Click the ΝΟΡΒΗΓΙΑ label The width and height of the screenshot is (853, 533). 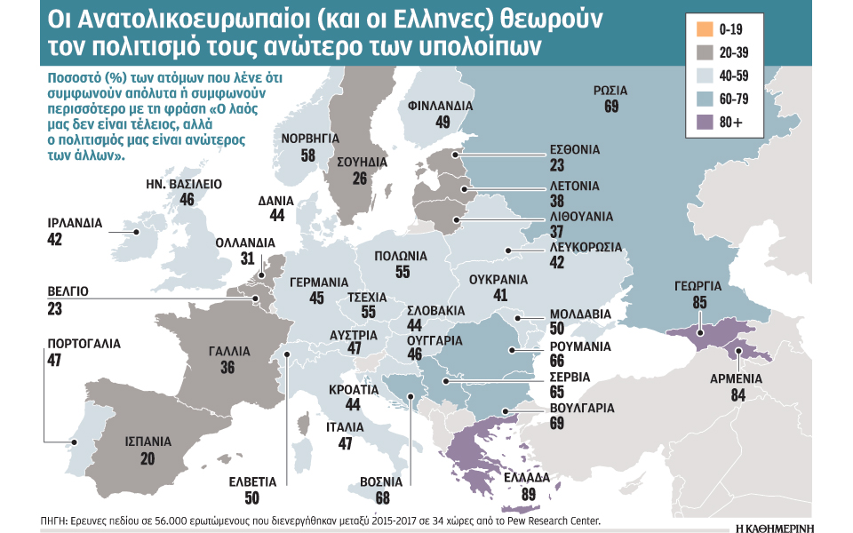(x=309, y=139)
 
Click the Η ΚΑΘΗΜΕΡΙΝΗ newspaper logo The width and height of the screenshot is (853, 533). (x=786, y=524)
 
